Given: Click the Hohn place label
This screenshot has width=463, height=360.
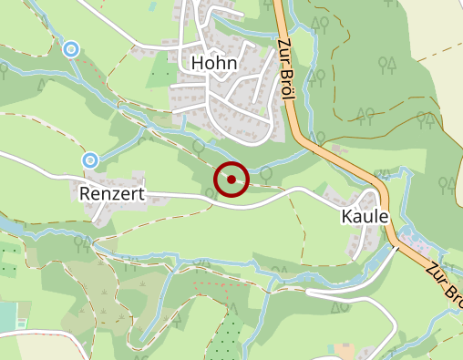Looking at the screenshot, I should pos(214,63).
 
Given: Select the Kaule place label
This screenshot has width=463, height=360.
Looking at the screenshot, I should pos(365,217).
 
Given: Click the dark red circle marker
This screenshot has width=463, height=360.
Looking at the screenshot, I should pos(231,179).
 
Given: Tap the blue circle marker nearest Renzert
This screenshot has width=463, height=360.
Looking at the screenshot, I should pos(90,160).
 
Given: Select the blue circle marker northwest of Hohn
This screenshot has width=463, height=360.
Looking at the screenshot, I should pos(71,48).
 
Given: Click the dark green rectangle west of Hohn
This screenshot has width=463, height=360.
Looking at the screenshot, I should pos(163,70).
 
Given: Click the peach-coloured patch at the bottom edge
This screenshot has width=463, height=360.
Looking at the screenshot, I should pos(346,351).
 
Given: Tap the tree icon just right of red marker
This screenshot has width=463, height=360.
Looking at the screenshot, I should pos(267,171).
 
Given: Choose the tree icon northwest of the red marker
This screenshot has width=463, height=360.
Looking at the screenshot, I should pos(199,146).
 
